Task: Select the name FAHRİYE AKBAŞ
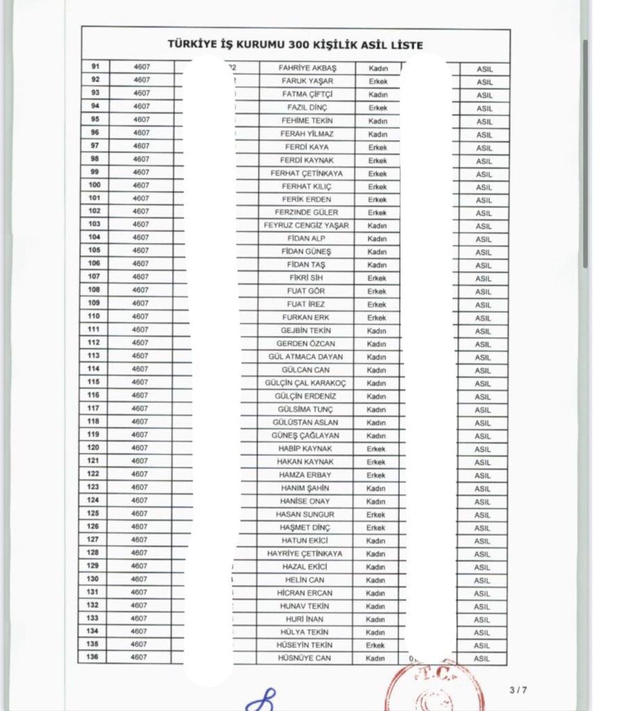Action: (307, 68)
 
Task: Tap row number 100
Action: (94, 185)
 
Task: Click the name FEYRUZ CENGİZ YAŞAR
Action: (306, 226)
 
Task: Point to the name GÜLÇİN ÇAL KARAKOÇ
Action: (306, 383)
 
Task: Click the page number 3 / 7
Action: (518, 689)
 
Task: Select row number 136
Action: (93, 657)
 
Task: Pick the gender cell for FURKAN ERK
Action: (376, 317)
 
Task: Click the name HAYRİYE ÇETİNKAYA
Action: (306, 553)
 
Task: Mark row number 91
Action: (95, 67)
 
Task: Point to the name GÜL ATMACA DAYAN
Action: (306, 357)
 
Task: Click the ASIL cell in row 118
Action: (483, 423)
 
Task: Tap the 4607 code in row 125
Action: (141, 513)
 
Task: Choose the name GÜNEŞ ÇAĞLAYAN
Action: (306, 435)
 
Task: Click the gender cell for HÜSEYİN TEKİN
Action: (376, 645)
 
